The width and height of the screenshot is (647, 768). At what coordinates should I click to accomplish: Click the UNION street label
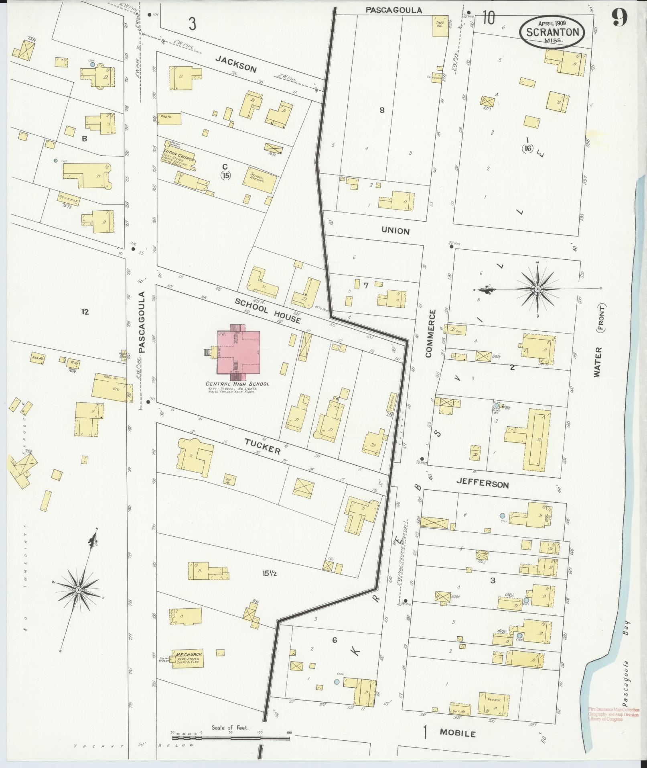(396, 231)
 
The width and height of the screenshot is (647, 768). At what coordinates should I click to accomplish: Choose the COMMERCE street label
(430, 333)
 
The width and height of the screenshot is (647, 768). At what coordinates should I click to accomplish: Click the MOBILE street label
(458, 733)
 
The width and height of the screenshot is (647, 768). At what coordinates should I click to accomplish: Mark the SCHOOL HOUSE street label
(268, 310)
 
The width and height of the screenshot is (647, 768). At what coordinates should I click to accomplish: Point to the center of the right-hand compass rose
(537, 289)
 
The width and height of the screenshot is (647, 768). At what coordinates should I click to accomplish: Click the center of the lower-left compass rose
(79, 590)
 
